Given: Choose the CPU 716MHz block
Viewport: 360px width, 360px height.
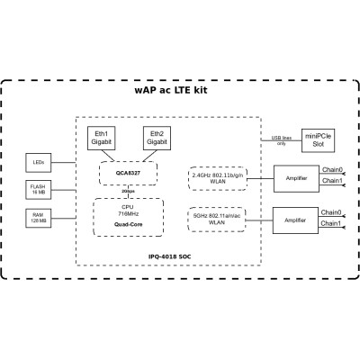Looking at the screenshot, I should coord(127,210).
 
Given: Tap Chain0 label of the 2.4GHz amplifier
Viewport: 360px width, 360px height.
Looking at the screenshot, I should coord(330,170).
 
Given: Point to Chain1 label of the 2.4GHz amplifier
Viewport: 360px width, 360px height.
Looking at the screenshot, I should coord(330,182).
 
